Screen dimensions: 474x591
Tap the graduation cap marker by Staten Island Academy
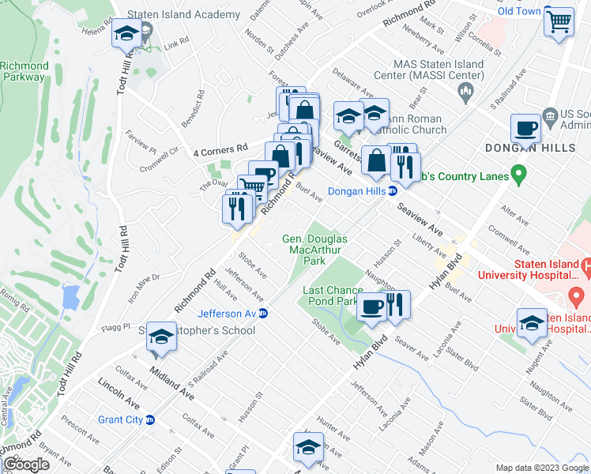(126, 34)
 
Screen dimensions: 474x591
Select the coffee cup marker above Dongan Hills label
(525, 129)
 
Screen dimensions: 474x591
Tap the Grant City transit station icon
(150, 419)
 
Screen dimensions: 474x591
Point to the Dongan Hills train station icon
(393, 190)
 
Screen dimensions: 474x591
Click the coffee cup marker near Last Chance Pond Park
(370, 306)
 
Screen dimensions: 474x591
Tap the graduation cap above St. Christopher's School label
(160, 337)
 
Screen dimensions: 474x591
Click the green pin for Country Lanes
(518, 172)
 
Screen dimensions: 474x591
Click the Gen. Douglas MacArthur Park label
(315, 250)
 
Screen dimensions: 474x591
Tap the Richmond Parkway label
(23, 72)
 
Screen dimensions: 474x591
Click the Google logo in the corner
(27, 465)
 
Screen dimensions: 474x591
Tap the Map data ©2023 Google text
(536, 467)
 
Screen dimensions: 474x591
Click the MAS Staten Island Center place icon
(465, 94)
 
